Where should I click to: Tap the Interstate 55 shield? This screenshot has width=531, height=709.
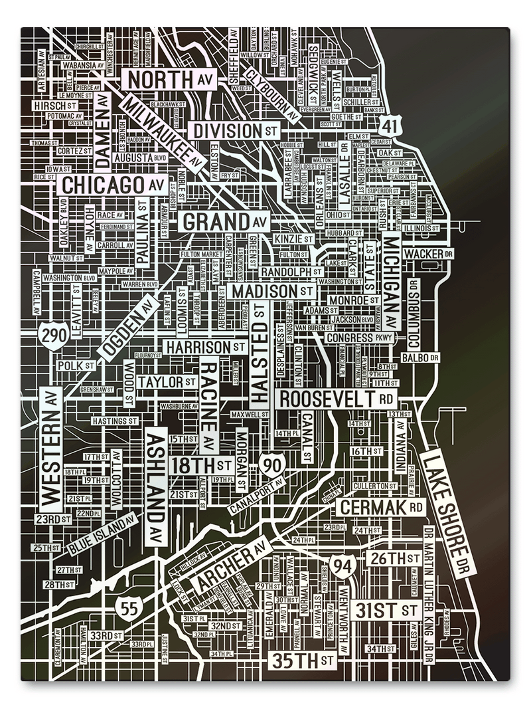click(128, 607)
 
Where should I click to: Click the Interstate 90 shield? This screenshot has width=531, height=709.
click(272, 466)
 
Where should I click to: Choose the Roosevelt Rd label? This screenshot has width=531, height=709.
click(336, 399)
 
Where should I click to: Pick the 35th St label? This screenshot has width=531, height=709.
click(302, 660)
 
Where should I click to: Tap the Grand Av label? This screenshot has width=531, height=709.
click(224, 222)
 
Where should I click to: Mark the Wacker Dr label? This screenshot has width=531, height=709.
click(428, 254)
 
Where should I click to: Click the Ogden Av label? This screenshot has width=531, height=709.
click(128, 328)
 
